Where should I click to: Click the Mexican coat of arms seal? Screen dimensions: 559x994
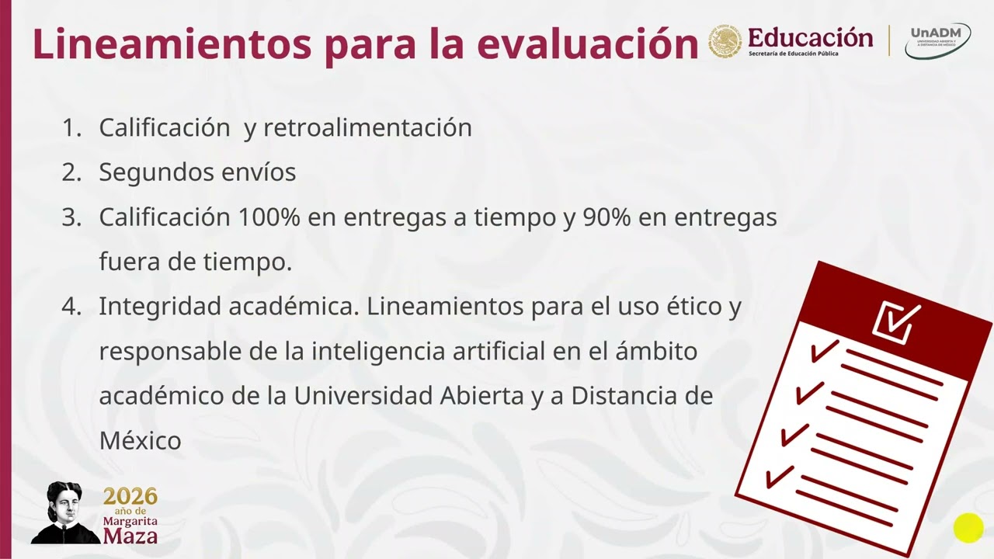[725, 41]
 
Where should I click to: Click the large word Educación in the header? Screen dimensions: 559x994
[810, 36]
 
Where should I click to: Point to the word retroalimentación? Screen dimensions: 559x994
[367, 127]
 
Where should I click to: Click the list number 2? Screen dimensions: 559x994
[71, 172]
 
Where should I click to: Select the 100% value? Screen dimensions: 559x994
[269, 217]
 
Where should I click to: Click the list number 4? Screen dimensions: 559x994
[71, 307]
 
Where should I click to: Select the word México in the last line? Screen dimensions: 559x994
[140, 440]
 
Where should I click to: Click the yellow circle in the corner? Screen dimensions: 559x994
[968, 529]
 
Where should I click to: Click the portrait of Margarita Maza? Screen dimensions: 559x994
[65, 512]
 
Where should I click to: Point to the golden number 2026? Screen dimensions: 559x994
[130, 497]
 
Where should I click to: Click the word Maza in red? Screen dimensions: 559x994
[130, 536]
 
